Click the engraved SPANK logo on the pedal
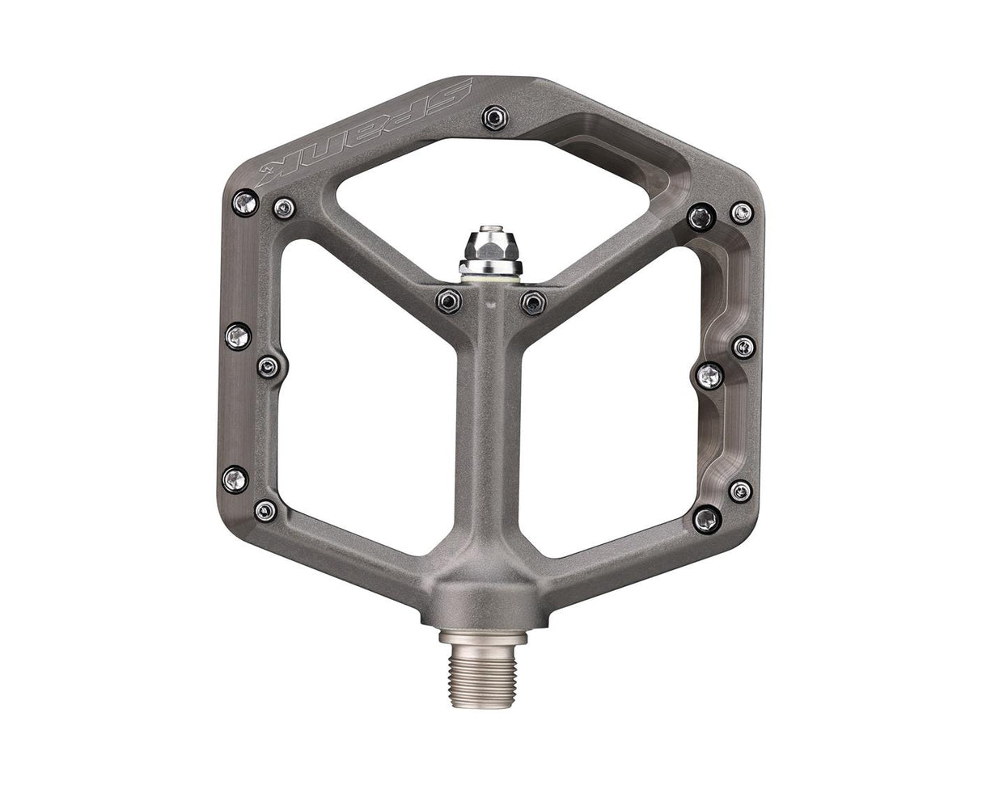point(364,133)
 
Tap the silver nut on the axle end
point(490,251)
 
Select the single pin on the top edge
point(495,117)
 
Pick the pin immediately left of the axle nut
point(449,302)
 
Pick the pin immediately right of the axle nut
point(533,303)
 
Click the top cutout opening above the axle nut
point(493,186)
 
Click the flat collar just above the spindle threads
point(483,638)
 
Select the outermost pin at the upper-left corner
point(245,202)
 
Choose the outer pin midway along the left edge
point(238,336)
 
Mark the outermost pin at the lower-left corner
point(235,479)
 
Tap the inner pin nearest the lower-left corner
point(265,510)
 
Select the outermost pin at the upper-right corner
point(741,213)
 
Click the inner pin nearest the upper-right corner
point(701,217)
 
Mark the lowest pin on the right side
point(707,519)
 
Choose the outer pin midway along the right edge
point(743,347)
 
